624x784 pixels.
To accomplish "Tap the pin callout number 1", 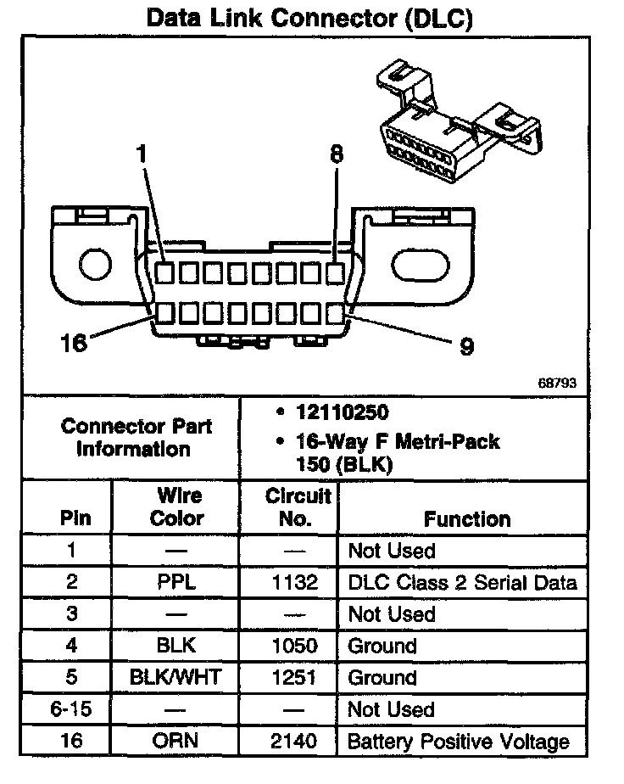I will point(142,154).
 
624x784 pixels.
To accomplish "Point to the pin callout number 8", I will point(337,154).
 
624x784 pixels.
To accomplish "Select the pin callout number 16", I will point(74,343).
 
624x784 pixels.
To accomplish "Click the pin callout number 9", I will point(465,345).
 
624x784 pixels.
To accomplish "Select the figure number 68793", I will point(557,383).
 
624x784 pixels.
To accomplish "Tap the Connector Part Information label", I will point(136,437).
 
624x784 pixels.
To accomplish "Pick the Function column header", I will point(467,518).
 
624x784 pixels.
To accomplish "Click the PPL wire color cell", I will point(176,582).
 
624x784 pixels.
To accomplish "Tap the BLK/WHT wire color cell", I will point(176,677).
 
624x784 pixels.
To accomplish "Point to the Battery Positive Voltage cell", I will point(459,741).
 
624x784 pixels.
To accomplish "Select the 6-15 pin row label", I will point(71,709).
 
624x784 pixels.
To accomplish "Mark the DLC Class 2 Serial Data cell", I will point(463,582).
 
